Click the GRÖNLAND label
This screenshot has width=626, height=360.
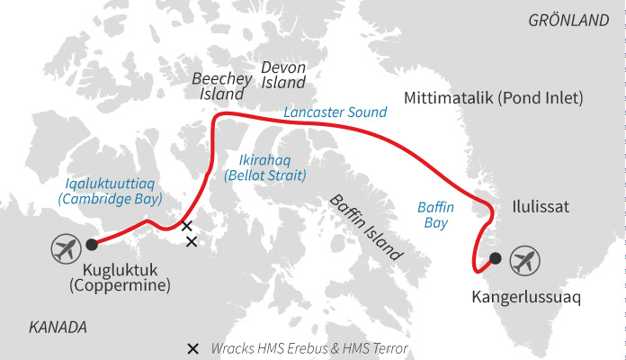pos(568,20)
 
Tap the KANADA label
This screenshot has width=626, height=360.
pos(58,327)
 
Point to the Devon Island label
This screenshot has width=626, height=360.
pos(283,76)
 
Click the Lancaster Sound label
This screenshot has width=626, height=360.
pos(335,112)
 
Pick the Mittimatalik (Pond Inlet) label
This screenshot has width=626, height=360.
pos(494,97)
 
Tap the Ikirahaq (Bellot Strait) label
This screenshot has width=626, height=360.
pos(265,166)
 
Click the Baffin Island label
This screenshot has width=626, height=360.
pos(366,226)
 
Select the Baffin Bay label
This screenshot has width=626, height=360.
pos(435,215)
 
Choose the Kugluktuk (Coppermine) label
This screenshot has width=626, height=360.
pos(127,278)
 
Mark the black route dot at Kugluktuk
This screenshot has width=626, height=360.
pos(91,244)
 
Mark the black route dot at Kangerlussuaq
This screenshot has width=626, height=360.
pos(495,259)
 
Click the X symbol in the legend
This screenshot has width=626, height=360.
pos(192,348)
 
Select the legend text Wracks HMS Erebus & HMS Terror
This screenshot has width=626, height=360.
pos(309,348)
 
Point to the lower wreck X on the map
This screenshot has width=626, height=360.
pos(191,241)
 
